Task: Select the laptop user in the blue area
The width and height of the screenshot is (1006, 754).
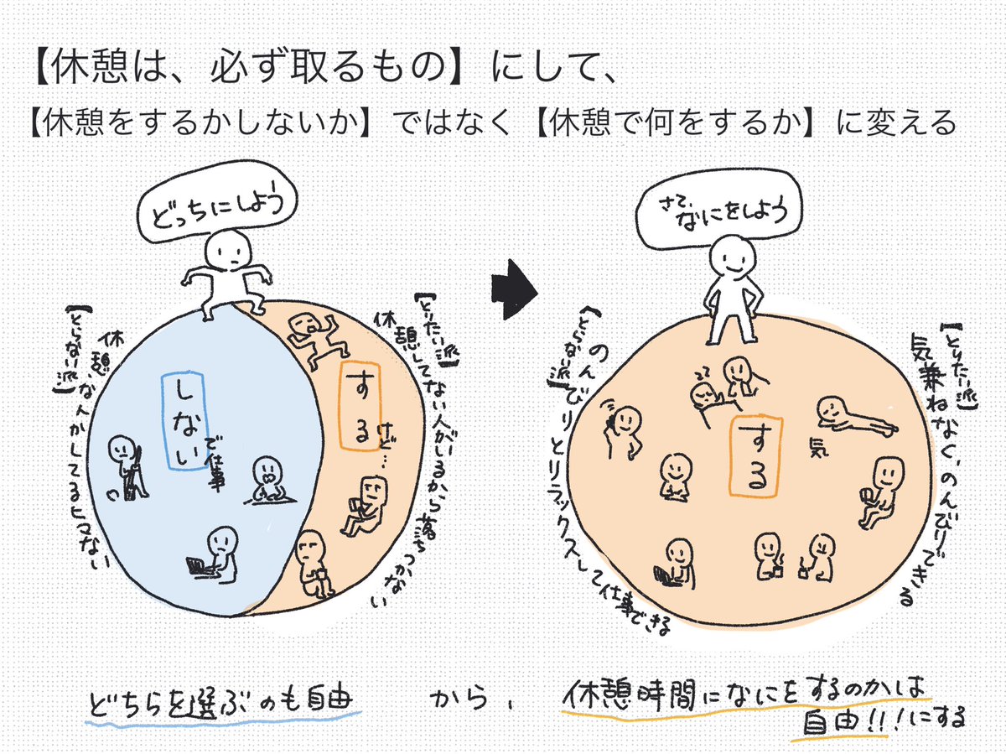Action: click(x=214, y=554)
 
